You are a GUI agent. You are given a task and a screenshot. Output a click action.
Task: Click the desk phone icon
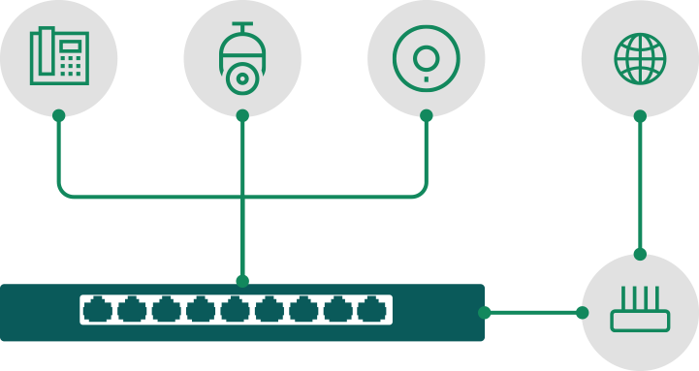coord(59,57)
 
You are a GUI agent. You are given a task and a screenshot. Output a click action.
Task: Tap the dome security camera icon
coord(241,58)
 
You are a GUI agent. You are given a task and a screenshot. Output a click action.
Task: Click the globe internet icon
coord(639,57)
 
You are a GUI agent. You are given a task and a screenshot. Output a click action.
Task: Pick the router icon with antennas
coord(639,312)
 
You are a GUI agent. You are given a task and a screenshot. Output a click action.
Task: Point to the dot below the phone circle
coord(59,115)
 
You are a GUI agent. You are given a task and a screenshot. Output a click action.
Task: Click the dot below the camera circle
coord(241,115)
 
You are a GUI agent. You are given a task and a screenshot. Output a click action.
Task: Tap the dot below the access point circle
coord(426,115)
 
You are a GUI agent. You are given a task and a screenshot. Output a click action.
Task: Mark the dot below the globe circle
coord(639,115)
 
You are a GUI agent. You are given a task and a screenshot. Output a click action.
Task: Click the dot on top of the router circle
coord(639,254)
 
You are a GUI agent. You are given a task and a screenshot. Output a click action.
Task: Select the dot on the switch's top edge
coord(241,281)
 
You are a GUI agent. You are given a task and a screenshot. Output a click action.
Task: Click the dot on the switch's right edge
coord(485,312)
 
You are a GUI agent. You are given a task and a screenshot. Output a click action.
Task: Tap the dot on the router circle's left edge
coord(582,312)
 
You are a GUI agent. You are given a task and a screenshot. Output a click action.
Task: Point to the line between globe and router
coord(639,184)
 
